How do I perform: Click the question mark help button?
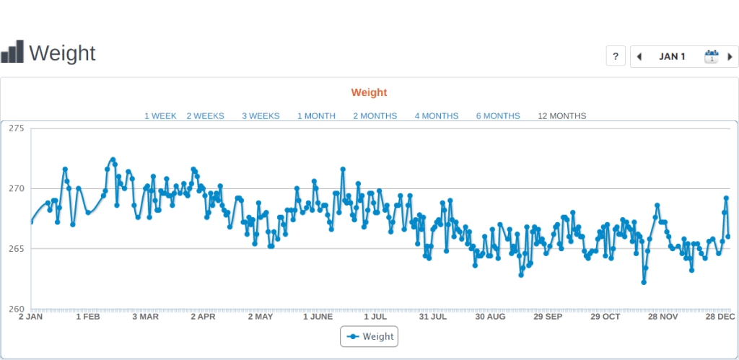click(x=616, y=56)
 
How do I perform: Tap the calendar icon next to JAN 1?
click(x=712, y=56)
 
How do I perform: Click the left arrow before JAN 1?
click(x=639, y=56)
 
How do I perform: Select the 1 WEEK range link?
click(x=160, y=115)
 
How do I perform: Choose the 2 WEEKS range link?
click(x=205, y=115)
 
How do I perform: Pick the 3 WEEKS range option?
click(x=261, y=115)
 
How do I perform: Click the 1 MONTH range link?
click(x=316, y=115)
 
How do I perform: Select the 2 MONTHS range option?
click(x=375, y=115)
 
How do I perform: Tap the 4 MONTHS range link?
click(x=436, y=115)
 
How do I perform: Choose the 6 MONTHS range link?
click(x=498, y=115)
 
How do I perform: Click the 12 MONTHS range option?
click(x=561, y=115)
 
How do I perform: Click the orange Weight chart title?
click(x=369, y=92)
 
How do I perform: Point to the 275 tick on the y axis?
click(x=17, y=128)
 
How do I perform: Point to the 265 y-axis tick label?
click(x=17, y=249)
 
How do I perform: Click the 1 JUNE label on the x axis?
click(x=318, y=317)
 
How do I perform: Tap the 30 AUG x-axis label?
click(x=490, y=317)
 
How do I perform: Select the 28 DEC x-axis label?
click(x=720, y=317)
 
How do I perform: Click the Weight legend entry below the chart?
click(x=369, y=336)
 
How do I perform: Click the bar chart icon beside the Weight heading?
click(x=12, y=52)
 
